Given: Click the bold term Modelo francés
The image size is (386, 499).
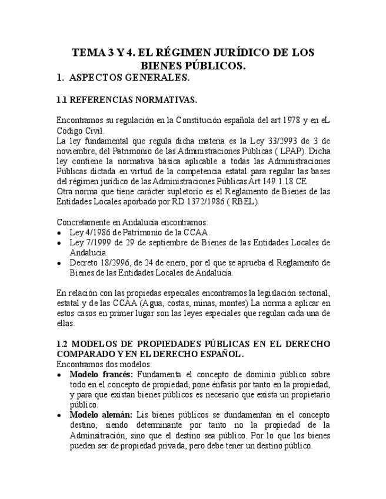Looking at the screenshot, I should pyautogui.click(x=101, y=374).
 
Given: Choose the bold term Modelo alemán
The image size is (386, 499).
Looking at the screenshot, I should pyautogui.click(x=100, y=415).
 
